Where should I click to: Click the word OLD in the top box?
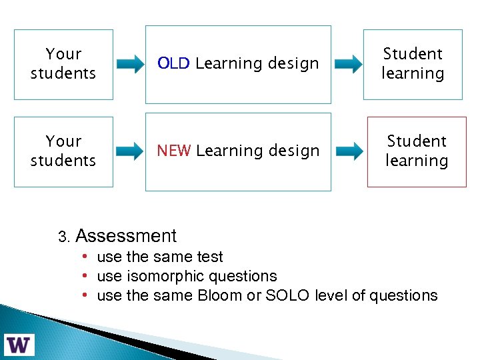click(174, 63)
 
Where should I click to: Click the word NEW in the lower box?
click(174, 151)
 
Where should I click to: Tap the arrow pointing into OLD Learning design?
click(130, 65)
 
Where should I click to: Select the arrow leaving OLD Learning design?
click(348, 65)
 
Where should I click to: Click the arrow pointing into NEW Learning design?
click(130, 152)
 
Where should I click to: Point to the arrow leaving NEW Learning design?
click(348, 152)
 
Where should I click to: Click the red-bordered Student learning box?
click(417, 151)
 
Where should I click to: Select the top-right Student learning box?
click(413, 64)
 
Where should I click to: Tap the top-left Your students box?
click(63, 64)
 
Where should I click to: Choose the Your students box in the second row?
click(63, 151)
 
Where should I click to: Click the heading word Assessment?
click(126, 236)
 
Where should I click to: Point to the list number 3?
click(63, 237)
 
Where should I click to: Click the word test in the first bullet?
click(210, 257)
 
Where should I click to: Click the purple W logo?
click(19, 344)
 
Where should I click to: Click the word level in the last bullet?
click(331, 295)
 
